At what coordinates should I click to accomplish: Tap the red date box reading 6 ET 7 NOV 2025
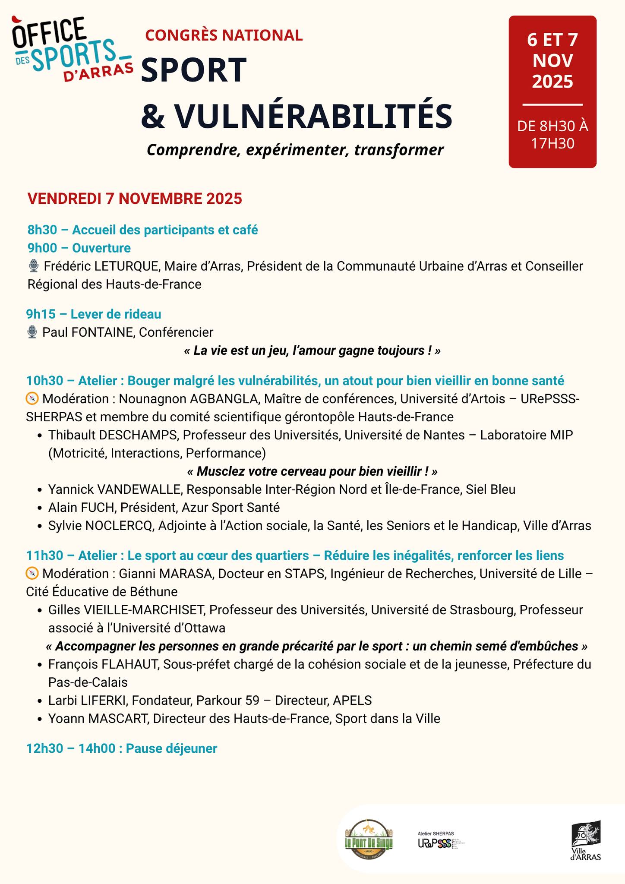552,92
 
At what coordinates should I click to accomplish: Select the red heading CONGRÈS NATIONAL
224,35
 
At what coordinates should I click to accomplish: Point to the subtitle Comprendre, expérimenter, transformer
295,150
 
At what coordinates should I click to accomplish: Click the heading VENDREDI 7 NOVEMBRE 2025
135,199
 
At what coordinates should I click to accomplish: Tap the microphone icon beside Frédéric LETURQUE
34,266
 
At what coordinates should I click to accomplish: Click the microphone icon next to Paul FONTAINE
32,332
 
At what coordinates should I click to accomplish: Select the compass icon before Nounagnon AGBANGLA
32,398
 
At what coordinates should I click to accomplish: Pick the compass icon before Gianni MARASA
32,574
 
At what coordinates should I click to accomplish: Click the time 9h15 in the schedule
41,314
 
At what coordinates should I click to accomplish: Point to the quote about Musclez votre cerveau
312,471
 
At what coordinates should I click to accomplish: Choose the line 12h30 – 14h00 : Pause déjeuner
121,748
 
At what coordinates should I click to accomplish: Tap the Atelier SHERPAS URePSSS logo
440,840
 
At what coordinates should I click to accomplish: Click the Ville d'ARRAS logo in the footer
586,840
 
